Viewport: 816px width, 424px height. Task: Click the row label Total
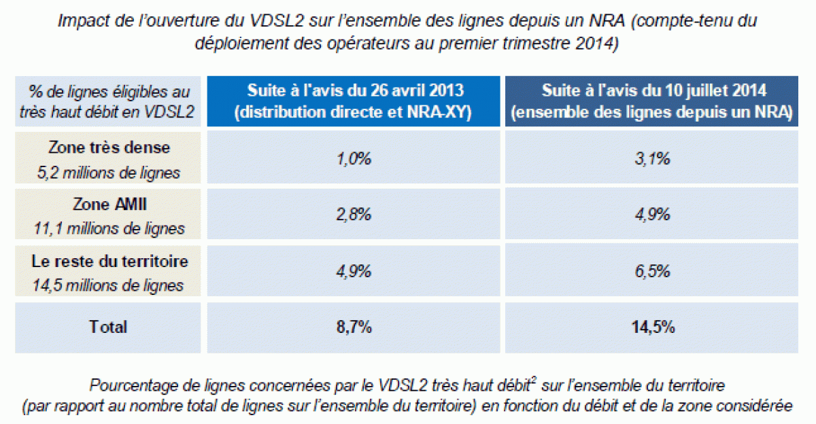(x=108, y=327)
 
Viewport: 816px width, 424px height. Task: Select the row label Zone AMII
(x=109, y=205)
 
